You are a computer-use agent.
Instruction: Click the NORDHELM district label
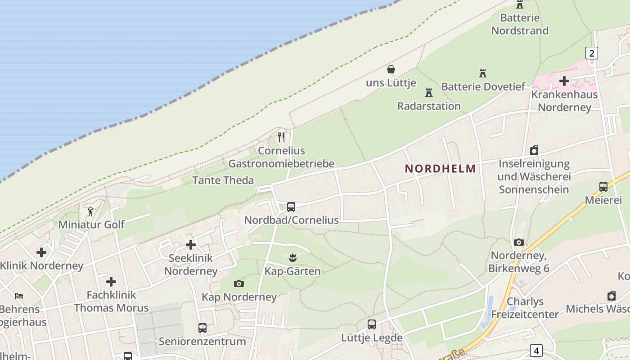[x=440, y=169]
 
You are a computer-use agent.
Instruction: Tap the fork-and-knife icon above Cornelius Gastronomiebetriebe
[x=281, y=137]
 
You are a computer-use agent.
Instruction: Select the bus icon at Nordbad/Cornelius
[x=291, y=207]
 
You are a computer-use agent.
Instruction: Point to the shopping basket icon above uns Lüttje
[x=391, y=69]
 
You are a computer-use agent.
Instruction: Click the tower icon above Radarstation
[x=429, y=93]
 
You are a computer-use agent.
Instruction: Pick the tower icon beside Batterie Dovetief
[x=483, y=73]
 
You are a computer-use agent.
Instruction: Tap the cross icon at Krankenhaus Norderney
[x=564, y=81]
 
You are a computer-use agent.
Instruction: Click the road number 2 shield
[x=591, y=53]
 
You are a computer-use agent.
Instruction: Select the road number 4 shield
[x=536, y=350]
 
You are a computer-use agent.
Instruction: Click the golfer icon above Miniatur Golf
[x=90, y=211]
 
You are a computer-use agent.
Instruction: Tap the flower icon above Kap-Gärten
[x=292, y=258]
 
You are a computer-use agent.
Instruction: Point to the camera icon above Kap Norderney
[x=239, y=283]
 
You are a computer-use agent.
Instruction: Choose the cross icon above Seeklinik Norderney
[x=191, y=245]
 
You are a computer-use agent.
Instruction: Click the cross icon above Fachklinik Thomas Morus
[x=111, y=282]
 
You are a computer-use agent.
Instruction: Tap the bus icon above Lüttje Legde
[x=372, y=324]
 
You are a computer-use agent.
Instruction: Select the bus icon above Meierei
[x=603, y=187]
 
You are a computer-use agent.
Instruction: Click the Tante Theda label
[x=223, y=180]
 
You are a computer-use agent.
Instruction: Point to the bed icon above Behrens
[x=19, y=296]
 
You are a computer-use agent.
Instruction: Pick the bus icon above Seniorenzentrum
[x=202, y=328]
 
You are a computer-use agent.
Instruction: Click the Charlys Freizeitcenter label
[x=525, y=308]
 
